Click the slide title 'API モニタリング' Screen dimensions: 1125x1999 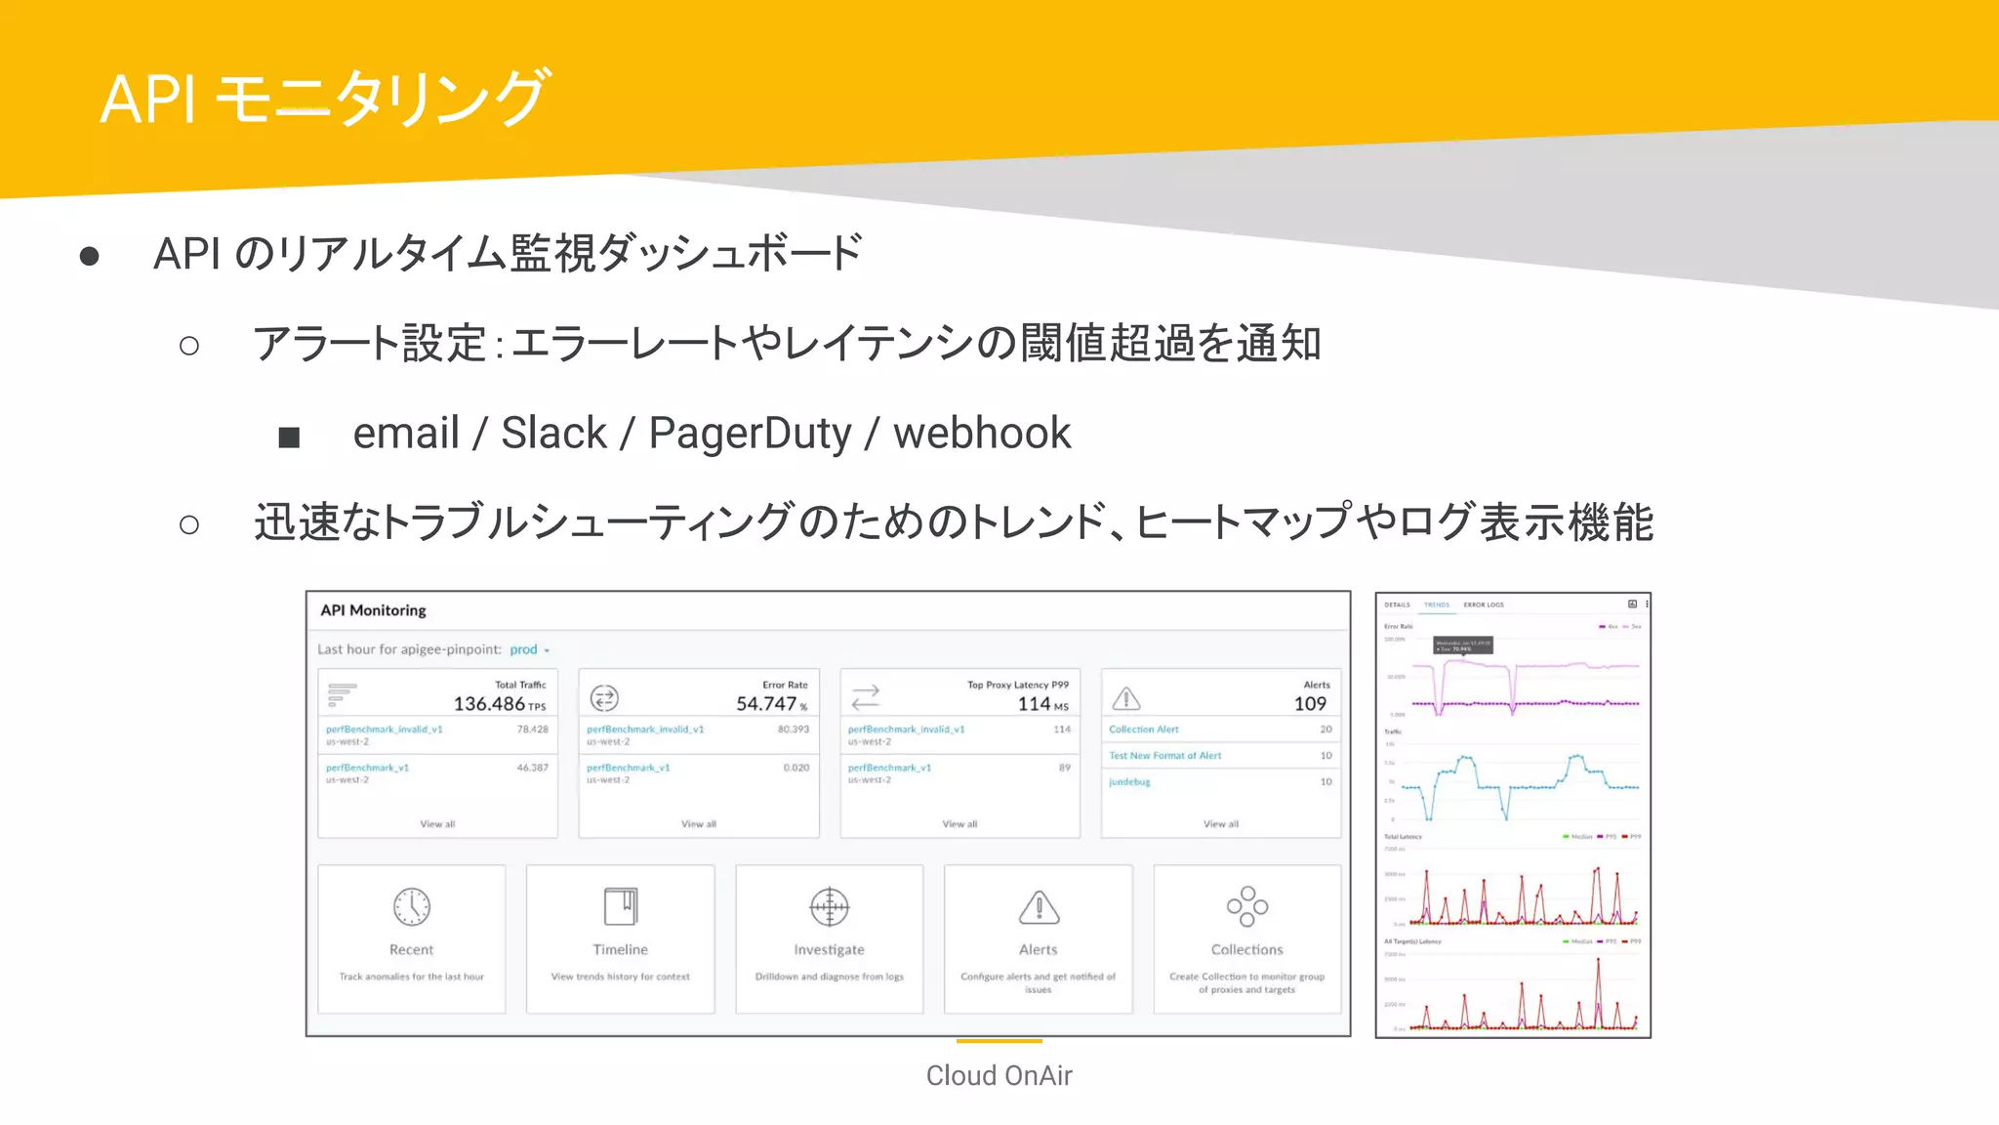(x=325, y=98)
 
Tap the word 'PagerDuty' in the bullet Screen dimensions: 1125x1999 (x=750, y=434)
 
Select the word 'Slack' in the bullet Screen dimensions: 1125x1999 (x=553, y=434)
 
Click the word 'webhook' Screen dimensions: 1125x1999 (x=982, y=434)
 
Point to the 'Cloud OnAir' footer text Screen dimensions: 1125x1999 (x=999, y=1075)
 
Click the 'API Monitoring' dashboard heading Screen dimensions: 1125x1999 (x=373, y=610)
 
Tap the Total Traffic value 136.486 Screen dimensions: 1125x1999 (x=489, y=703)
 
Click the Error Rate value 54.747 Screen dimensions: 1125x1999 (x=766, y=703)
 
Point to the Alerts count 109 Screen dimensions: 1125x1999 (x=1310, y=703)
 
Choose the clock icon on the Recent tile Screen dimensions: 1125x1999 (x=412, y=906)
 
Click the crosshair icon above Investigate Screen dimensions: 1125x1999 (x=829, y=906)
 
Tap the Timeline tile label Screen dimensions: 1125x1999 (x=620, y=949)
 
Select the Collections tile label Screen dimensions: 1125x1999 (x=1246, y=949)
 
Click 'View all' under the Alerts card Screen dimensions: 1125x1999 (x=1220, y=824)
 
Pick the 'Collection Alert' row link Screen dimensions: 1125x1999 (x=1144, y=729)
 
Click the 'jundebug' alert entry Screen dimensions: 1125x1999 (x=1129, y=782)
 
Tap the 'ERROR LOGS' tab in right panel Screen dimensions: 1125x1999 (x=1483, y=604)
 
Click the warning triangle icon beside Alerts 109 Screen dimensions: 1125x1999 (x=1126, y=698)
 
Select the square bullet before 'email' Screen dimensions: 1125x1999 (x=289, y=437)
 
